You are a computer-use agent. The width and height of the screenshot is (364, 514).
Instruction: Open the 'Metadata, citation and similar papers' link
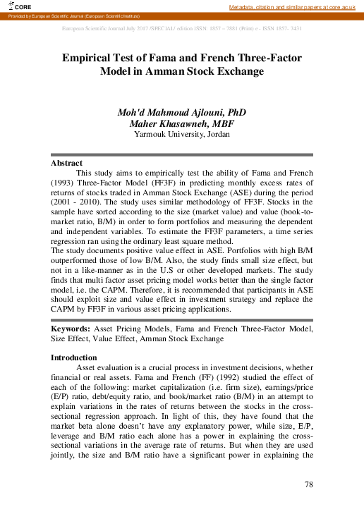[x=296, y=6]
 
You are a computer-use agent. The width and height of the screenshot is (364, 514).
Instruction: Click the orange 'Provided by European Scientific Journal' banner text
[x=73, y=16]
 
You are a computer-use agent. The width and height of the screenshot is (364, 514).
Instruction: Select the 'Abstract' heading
[x=66, y=163]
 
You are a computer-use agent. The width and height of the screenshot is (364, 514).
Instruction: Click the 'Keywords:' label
[x=69, y=329]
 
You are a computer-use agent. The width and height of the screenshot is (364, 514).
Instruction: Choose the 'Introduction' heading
[x=74, y=357]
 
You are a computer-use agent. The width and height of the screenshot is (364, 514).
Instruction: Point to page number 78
[x=308, y=484]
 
